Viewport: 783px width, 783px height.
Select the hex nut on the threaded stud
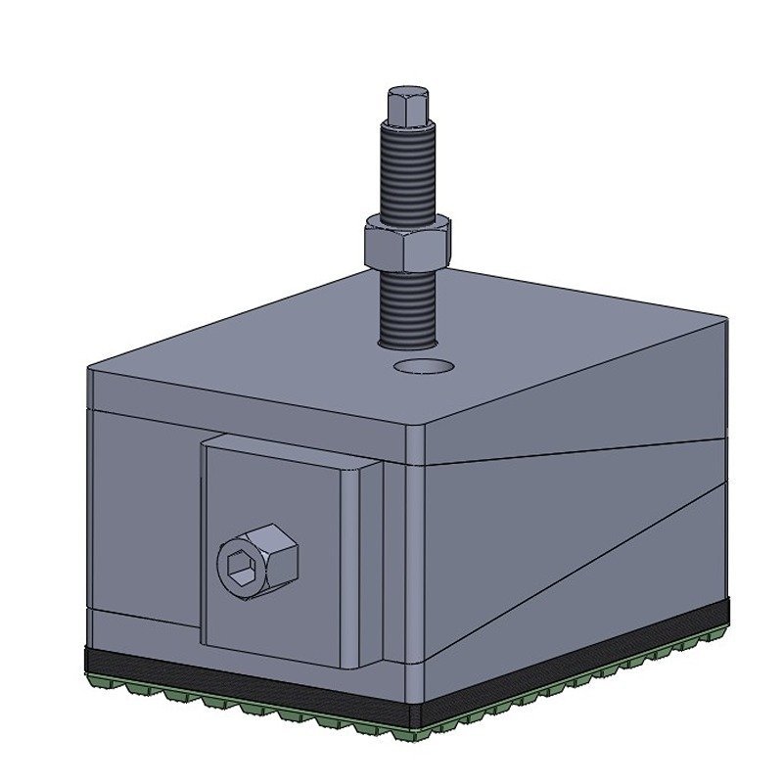point(406,242)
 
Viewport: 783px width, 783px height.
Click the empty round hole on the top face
point(424,367)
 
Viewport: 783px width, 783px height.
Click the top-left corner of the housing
point(89,370)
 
